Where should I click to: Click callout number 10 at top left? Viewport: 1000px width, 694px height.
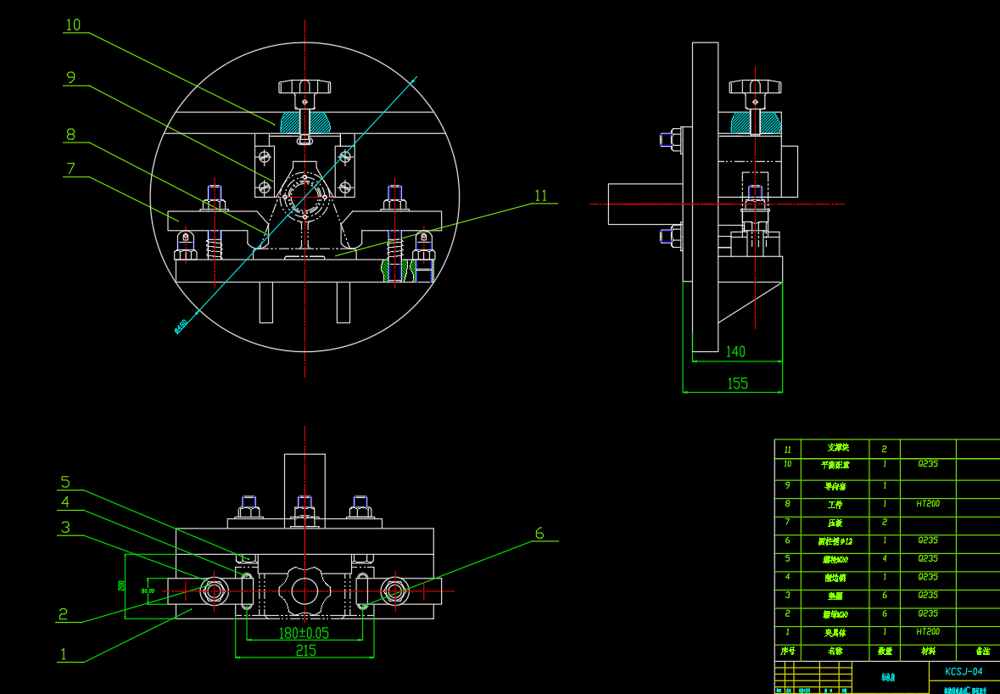(x=73, y=25)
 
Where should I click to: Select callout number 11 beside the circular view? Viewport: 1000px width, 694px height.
(x=540, y=196)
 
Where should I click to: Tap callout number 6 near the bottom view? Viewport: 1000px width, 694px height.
(x=539, y=534)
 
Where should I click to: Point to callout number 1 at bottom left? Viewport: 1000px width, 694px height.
(x=62, y=654)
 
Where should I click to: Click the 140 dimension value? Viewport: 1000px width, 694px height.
(x=735, y=351)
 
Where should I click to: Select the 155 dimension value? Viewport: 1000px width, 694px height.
(x=737, y=383)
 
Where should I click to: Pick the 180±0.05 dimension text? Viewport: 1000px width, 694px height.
(x=304, y=633)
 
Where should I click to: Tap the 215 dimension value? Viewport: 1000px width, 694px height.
(x=305, y=651)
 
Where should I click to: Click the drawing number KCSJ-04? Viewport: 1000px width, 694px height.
(x=964, y=671)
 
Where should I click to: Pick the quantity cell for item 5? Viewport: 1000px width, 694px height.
(x=885, y=559)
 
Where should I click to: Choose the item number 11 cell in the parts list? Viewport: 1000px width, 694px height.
(x=788, y=449)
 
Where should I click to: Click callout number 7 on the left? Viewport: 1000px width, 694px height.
(x=71, y=169)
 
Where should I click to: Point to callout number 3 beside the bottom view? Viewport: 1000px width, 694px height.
(x=65, y=528)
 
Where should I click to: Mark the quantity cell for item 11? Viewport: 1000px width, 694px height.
(x=885, y=449)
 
